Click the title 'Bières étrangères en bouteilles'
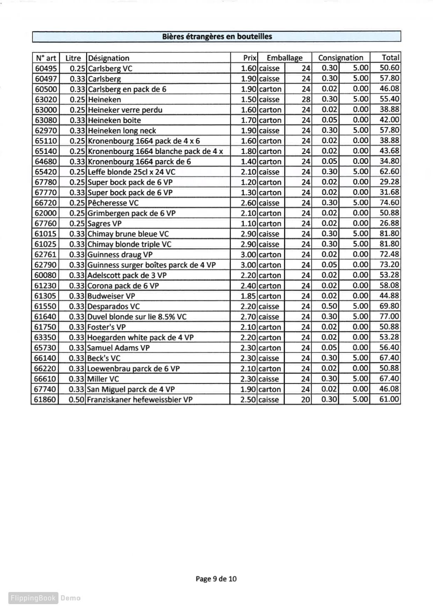[x=217, y=37]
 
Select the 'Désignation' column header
[x=109, y=58]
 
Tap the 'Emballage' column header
[x=284, y=58]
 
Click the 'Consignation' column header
[x=341, y=58]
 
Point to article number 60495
[x=46, y=68]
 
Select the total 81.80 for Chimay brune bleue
[x=389, y=234]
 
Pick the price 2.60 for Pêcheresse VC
[x=249, y=203]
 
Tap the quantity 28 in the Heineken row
[x=306, y=99]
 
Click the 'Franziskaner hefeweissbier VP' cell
[x=140, y=399]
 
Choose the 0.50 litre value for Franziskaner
[x=77, y=399]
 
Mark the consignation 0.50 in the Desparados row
[x=329, y=306]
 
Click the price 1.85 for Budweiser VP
[x=249, y=296]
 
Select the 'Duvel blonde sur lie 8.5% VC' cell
[x=137, y=317]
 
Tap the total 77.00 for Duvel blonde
[x=389, y=317]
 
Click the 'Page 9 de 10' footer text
[x=216, y=579]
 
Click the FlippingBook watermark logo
[x=33, y=598]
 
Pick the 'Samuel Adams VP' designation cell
[x=119, y=348]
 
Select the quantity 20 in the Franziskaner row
[x=306, y=399]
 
